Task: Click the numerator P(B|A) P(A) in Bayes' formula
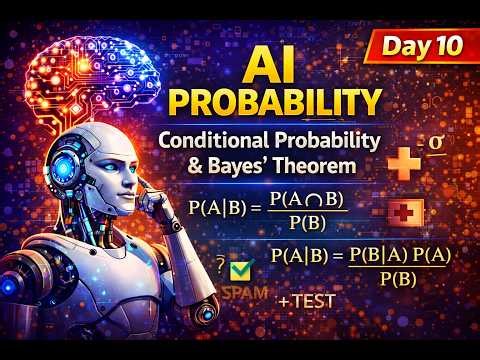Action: pyautogui.click(x=396, y=256)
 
